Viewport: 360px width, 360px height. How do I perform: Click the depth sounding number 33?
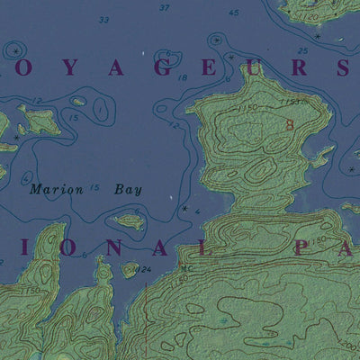tap(103, 20)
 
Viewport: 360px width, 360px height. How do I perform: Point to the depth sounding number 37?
tap(164, 7)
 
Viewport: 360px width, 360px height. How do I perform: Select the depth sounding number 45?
tap(234, 13)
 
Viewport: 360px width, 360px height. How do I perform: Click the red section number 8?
tap(289, 127)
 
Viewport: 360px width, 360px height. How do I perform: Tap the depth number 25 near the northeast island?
tap(302, 50)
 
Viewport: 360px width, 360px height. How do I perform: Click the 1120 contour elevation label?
tap(311, 16)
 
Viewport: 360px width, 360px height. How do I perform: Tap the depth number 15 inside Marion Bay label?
tap(94, 188)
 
